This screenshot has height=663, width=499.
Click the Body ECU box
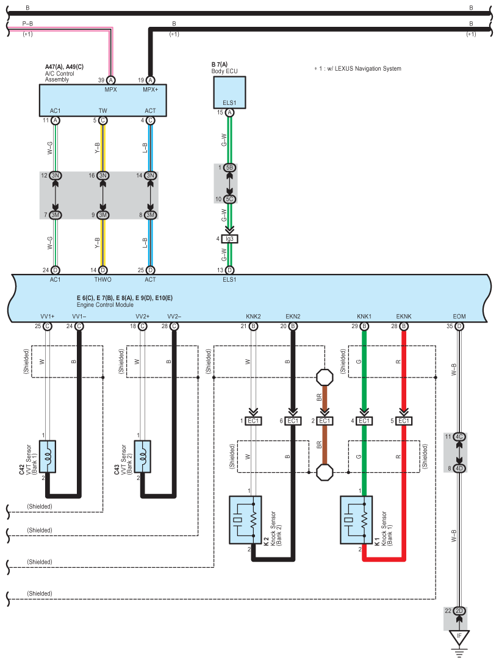[x=229, y=92]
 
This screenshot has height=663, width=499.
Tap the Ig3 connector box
[x=229, y=239]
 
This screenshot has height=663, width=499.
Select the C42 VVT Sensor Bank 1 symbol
[x=48, y=457]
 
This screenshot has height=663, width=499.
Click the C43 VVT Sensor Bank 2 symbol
[x=143, y=457]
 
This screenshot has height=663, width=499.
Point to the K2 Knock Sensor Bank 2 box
[x=245, y=520]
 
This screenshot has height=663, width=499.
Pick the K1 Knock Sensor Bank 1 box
[x=356, y=520]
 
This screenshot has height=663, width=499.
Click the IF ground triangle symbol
[x=459, y=636]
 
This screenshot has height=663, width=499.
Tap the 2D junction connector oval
[x=459, y=611]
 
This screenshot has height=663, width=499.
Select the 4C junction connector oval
[x=459, y=437]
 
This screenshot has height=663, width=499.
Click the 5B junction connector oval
[x=229, y=168]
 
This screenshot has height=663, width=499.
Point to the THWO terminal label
[x=102, y=279]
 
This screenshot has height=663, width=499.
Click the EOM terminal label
[x=459, y=317]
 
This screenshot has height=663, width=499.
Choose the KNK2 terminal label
[x=253, y=317]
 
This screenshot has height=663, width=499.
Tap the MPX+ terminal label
[x=151, y=90]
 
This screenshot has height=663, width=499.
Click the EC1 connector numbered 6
[x=293, y=421]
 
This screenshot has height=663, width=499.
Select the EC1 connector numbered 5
[x=404, y=421]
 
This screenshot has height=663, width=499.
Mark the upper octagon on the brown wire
[x=325, y=377]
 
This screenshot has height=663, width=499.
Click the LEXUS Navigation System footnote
[x=357, y=68]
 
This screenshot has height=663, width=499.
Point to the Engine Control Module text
[x=106, y=304]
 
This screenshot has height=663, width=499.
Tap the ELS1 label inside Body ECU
[x=229, y=102]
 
